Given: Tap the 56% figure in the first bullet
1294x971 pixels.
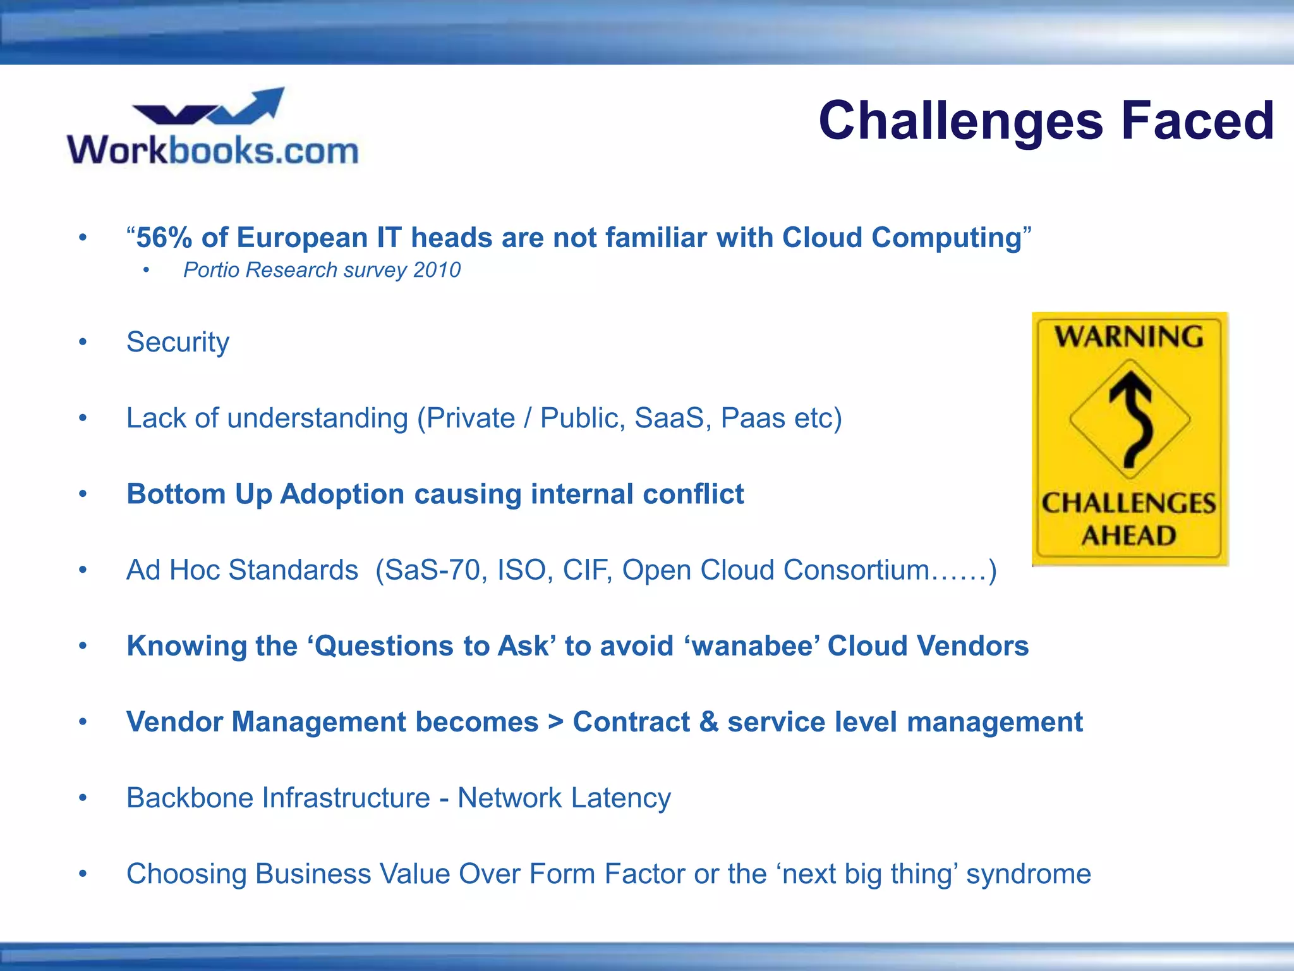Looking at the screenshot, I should coord(164,238).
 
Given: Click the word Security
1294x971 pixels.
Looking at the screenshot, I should coord(178,343).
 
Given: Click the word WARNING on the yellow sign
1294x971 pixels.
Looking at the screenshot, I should coord(1129,336).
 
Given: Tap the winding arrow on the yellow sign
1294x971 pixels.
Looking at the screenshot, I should coord(1130,420).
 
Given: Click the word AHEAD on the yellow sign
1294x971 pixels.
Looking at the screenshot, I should coord(1129,536).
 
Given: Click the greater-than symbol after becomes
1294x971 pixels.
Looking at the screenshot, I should coord(555,722).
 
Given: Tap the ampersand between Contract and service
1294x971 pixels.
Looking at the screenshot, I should coord(708,722).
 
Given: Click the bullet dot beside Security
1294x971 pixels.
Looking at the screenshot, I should coord(83,343).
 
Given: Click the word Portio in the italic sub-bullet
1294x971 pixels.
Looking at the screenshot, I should coord(211,270).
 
